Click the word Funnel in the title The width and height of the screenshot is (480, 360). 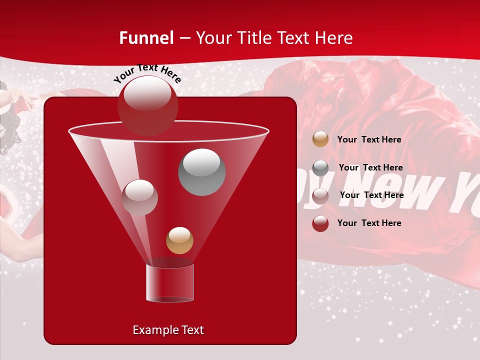coord(146,38)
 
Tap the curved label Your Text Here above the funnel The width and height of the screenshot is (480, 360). coord(147,73)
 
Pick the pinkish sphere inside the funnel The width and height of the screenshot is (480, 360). coord(139,197)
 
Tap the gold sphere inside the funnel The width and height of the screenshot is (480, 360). coord(179,240)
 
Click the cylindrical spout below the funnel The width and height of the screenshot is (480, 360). coord(170,283)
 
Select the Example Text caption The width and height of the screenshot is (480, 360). coord(168,330)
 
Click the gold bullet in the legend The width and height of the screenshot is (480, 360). coord(320,139)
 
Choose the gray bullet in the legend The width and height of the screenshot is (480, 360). coord(320,167)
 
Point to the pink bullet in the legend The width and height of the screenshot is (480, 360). coord(320,195)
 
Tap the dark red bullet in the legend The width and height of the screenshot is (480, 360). coord(320,223)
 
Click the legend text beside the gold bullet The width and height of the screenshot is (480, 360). coord(369,139)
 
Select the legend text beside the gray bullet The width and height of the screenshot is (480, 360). coord(370,167)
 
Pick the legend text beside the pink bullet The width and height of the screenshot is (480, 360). coord(371,195)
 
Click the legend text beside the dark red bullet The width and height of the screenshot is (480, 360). coord(369,223)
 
